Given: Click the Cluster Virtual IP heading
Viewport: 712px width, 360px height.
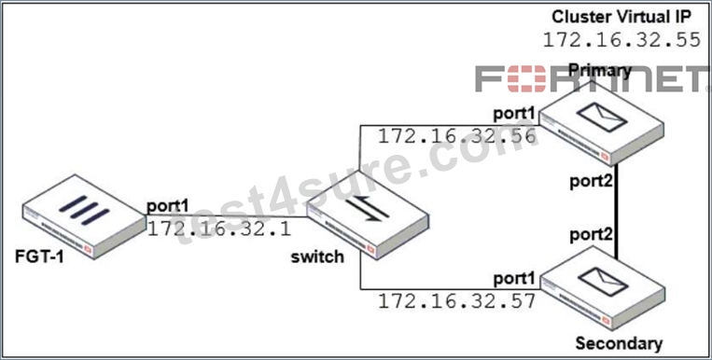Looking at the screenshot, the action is (621, 17).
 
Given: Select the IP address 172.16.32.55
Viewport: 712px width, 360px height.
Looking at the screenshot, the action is (621, 40).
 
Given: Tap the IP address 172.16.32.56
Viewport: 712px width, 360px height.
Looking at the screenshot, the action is (457, 136).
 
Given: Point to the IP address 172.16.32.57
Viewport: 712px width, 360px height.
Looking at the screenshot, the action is (457, 301).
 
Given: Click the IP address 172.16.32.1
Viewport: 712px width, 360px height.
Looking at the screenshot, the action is (219, 229).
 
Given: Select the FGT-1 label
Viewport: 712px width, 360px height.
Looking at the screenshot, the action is (39, 257).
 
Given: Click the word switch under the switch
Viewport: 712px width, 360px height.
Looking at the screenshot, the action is (317, 257).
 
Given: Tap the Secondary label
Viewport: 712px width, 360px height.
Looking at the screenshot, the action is (619, 343).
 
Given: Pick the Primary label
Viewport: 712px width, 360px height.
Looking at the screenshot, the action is (600, 70).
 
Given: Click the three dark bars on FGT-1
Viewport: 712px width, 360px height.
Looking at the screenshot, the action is (84, 210).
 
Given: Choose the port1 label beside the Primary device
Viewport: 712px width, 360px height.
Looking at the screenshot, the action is (514, 114).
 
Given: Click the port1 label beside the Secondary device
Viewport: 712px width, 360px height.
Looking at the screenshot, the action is (514, 279).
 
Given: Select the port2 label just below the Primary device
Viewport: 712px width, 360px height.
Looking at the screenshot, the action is (593, 181).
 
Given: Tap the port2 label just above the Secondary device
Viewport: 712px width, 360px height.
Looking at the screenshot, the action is (593, 234).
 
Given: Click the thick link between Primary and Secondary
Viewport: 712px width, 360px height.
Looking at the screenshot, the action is (617, 211).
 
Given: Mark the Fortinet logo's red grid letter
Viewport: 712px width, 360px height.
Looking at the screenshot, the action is (526, 78).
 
